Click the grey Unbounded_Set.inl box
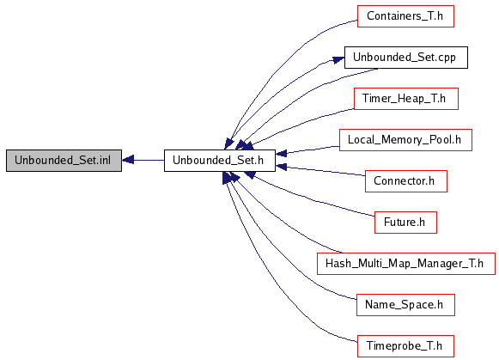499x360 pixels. (x=64, y=161)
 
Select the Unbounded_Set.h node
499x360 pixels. (x=220, y=161)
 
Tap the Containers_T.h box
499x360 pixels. (x=405, y=16)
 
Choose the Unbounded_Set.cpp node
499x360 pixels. (x=406, y=58)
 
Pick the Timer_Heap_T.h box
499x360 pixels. (x=406, y=99)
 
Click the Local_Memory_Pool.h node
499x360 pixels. (x=405, y=140)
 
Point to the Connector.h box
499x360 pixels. (x=406, y=181)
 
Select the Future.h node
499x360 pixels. (x=405, y=223)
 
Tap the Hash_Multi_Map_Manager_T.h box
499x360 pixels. (x=406, y=264)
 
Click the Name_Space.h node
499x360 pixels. (x=405, y=305)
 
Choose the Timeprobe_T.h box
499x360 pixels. (x=405, y=346)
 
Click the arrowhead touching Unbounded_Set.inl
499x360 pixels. (x=128, y=160)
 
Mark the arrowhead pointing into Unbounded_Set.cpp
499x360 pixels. (x=338, y=59)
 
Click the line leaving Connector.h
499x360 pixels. (x=320, y=171)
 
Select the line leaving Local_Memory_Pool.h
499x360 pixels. (x=307, y=150)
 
